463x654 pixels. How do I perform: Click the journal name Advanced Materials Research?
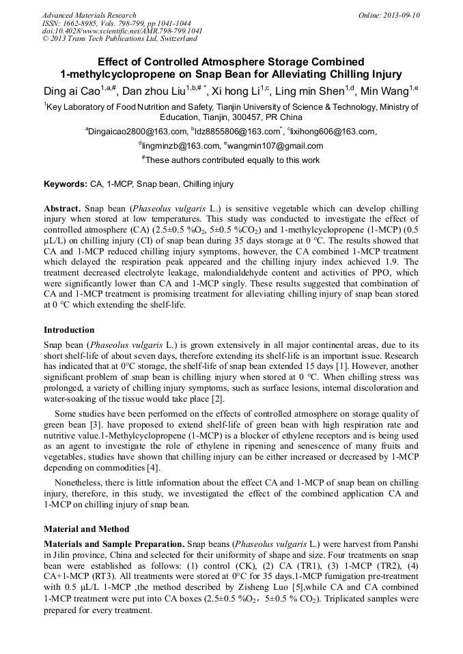89,15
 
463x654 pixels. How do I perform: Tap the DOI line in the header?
122,31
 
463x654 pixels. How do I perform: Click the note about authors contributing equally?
233,160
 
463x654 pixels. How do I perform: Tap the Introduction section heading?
69,329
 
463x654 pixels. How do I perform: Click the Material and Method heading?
86,529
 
